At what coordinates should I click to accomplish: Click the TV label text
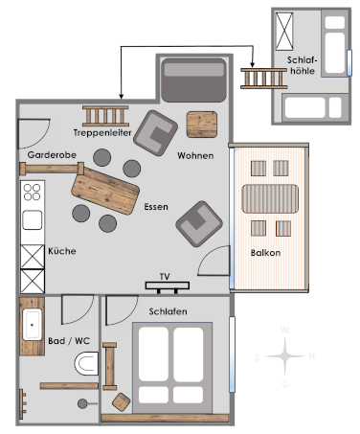(x=165, y=277)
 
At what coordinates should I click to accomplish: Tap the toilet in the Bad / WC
(x=86, y=363)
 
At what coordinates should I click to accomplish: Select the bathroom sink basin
(x=32, y=325)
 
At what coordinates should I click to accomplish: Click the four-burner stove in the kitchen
(x=33, y=192)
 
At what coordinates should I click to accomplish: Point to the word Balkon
(x=265, y=253)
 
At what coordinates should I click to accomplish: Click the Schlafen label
(x=168, y=311)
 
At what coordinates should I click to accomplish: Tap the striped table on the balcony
(x=270, y=198)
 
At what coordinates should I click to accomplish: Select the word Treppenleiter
(x=102, y=132)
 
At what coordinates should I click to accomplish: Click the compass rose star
(x=285, y=355)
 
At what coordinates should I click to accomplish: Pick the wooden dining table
(x=105, y=191)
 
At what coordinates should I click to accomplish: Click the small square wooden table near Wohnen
(x=202, y=125)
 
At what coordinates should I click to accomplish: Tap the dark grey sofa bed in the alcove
(x=193, y=80)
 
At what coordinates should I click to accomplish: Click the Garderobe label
(x=52, y=155)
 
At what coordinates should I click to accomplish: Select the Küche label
(x=62, y=251)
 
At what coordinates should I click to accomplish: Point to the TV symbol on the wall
(x=168, y=286)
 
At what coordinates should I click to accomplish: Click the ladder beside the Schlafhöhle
(x=264, y=79)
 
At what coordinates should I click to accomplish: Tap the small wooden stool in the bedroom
(x=121, y=401)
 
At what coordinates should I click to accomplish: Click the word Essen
(x=156, y=207)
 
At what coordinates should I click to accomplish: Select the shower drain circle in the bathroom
(x=82, y=403)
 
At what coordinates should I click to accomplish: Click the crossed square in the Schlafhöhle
(x=284, y=32)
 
